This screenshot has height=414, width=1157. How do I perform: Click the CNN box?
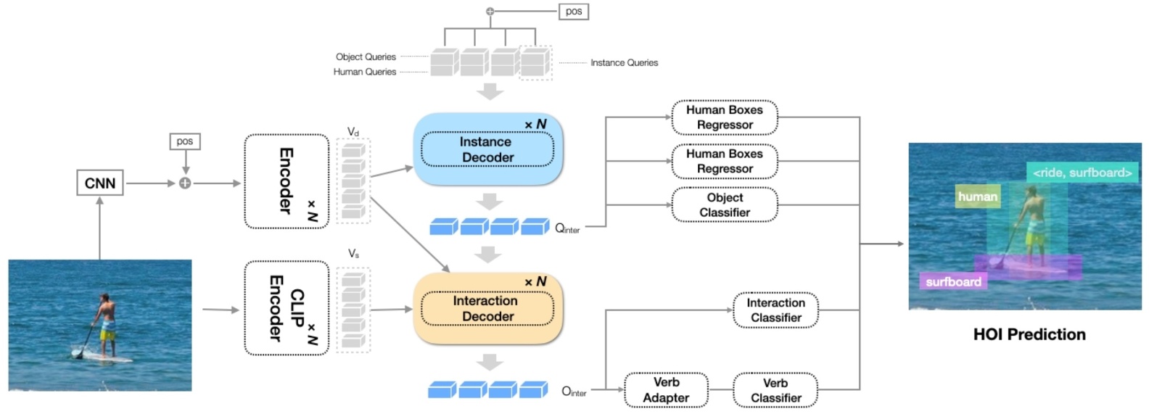(99, 183)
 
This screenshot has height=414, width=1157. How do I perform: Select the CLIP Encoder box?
(287, 308)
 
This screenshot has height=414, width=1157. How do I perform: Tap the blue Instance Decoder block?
(487, 149)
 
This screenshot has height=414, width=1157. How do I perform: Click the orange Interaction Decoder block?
(487, 308)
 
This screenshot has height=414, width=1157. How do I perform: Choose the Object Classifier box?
(724, 205)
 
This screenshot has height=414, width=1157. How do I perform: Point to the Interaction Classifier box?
(775, 310)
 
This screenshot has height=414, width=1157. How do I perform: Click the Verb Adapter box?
(666, 390)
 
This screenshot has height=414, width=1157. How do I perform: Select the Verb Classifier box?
(775, 390)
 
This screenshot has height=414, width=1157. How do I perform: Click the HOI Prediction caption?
(1029, 334)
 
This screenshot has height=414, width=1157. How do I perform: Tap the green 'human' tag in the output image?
(977, 196)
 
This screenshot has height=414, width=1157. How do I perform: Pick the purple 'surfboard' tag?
(952, 282)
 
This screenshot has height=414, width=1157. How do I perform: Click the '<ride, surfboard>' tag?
(1082, 173)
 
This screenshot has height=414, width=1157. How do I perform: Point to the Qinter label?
(567, 228)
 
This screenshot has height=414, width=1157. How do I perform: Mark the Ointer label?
(574, 392)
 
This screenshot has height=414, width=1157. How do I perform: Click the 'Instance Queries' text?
(624, 63)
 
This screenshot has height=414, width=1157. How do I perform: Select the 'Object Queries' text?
(366, 57)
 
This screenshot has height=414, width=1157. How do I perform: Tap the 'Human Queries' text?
(364, 72)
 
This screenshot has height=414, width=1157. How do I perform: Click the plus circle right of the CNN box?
(185, 183)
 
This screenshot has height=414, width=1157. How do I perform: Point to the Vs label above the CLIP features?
(353, 254)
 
